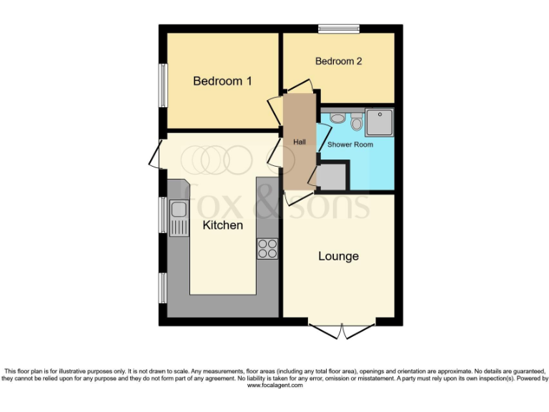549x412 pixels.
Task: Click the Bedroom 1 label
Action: [222, 81]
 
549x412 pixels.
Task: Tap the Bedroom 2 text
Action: [338, 62]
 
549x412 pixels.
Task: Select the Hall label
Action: [300, 142]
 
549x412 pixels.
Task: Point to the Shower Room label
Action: [350, 144]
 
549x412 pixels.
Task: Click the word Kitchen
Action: [223, 225]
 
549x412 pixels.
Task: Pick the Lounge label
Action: [338, 256]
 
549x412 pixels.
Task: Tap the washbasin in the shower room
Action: [338, 119]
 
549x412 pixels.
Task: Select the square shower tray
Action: [379, 122]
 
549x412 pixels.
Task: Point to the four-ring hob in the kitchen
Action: [267, 247]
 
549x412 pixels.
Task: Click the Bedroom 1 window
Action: [163, 85]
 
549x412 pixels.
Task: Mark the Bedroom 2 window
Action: [338, 29]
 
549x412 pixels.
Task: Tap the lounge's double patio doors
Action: [342, 331]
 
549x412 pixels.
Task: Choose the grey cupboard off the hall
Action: [332, 176]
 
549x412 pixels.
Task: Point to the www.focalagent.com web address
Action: [275, 386]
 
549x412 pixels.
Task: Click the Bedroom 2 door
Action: [300, 84]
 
